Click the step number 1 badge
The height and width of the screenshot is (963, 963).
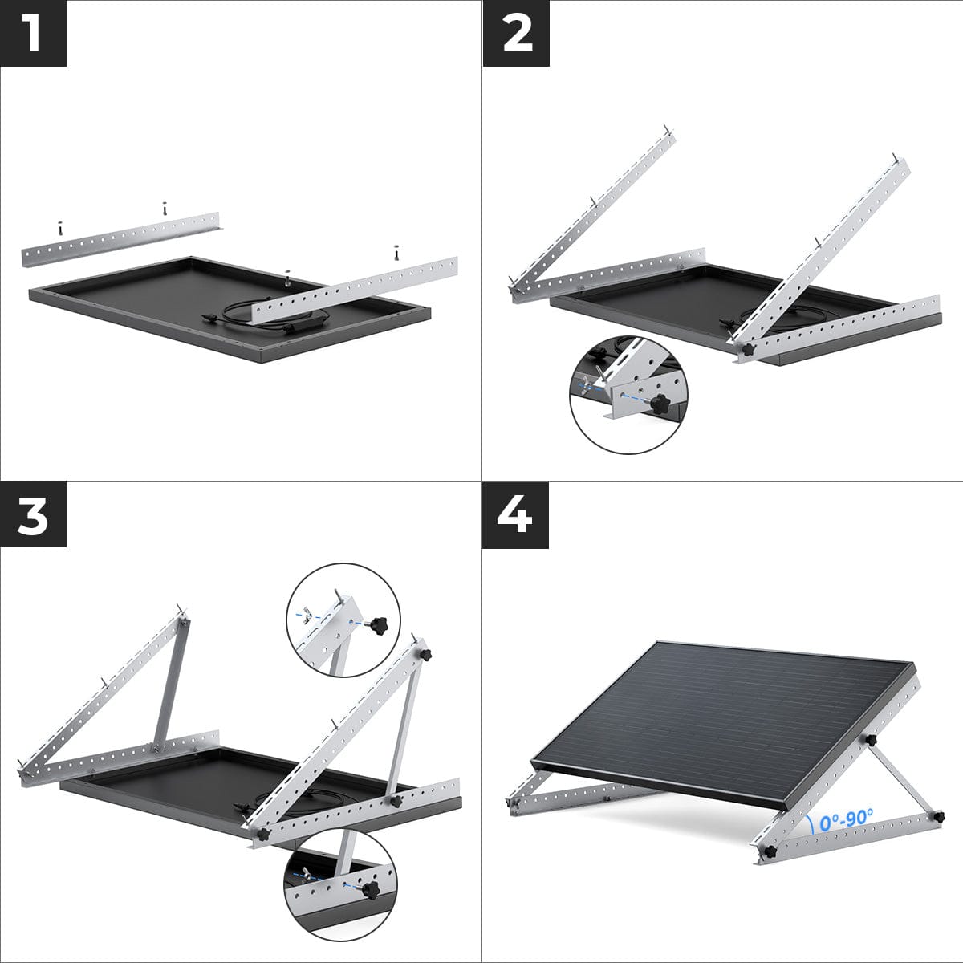pyautogui.click(x=33, y=33)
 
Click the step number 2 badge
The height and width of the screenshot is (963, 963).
pyautogui.click(x=516, y=33)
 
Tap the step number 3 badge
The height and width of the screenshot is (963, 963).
pyautogui.click(x=33, y=516)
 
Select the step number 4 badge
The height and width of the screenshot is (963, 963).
pyautogui.click(x=516, y=516)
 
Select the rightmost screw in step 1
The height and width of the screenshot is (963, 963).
pyautogui.click(x=396, y=251)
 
